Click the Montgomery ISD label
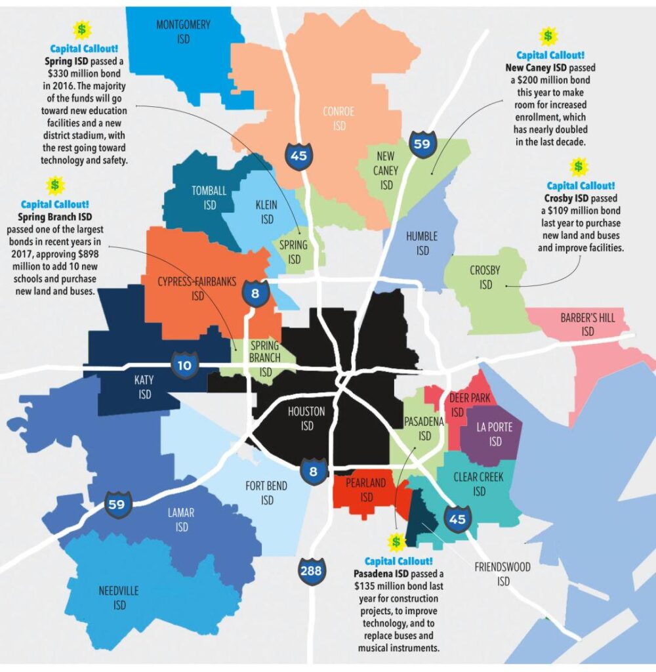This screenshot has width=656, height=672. tap(183, 32)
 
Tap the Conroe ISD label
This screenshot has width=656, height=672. tap(338, 118)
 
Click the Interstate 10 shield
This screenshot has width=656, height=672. tap(186, 364)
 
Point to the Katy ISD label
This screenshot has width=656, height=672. tap(144, 387)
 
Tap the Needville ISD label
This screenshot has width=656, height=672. tap(119, 597)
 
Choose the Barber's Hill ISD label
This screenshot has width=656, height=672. tap(588, 325)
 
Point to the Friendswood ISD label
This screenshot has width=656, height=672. tap(503, 574)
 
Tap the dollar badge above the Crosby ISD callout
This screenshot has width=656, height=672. tap(578, 167)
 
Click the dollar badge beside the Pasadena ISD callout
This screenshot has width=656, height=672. tap(396, 542)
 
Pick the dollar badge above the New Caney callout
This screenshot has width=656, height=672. tap(547, 36)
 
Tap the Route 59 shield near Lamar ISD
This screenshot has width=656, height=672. tap(118, 505)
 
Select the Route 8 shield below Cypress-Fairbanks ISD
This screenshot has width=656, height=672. tap(255, 293)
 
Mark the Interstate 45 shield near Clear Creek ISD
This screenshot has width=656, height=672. tap(457, 518)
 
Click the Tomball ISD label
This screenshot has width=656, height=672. tap(209, 198)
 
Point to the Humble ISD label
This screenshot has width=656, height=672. tap(422, 243)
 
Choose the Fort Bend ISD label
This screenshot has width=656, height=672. tap(266, 493)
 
